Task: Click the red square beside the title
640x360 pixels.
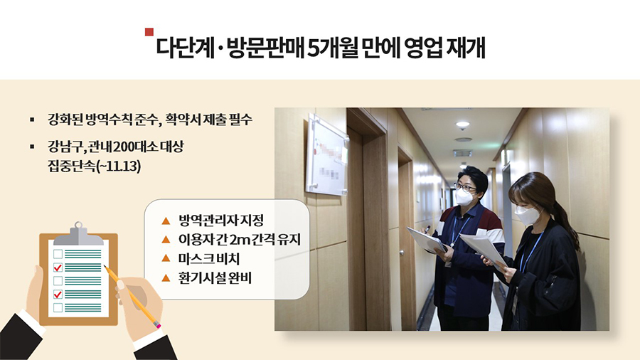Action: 149,32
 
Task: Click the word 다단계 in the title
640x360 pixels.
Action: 186,48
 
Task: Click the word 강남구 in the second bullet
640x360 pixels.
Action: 65,147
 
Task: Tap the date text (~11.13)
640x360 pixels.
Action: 117,166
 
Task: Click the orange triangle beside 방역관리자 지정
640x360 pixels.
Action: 166,221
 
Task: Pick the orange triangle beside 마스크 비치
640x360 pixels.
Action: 166,258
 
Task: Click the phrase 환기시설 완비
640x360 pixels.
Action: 215,278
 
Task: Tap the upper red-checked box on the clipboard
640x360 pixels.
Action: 58,268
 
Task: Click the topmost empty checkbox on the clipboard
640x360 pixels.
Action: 58,254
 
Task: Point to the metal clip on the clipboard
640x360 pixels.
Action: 78,234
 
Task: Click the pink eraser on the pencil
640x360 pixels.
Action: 158,325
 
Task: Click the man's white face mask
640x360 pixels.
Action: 464,197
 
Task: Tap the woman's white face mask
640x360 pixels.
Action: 526,215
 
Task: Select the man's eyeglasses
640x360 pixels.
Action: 464,188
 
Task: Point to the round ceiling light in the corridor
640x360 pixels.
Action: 462,125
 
